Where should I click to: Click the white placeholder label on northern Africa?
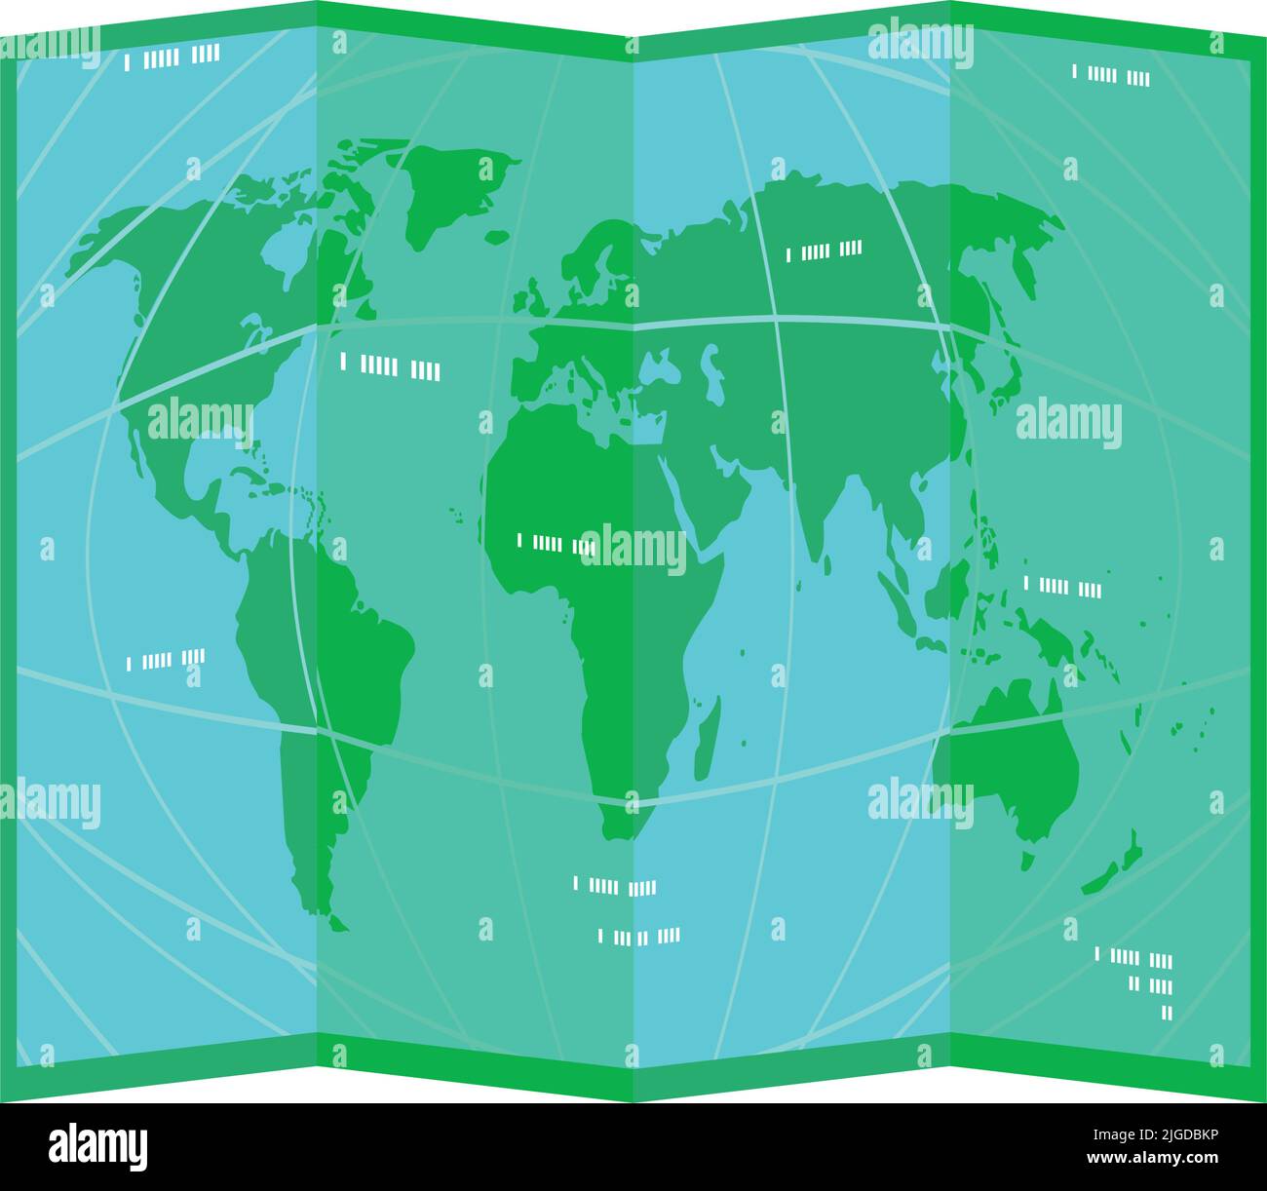pyautogui.click(x=556, y=543)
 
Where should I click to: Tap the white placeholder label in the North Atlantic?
pyautogui.click(x=390, y=367)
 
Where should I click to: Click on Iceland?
pyautogui.click(x=497, y=236)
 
